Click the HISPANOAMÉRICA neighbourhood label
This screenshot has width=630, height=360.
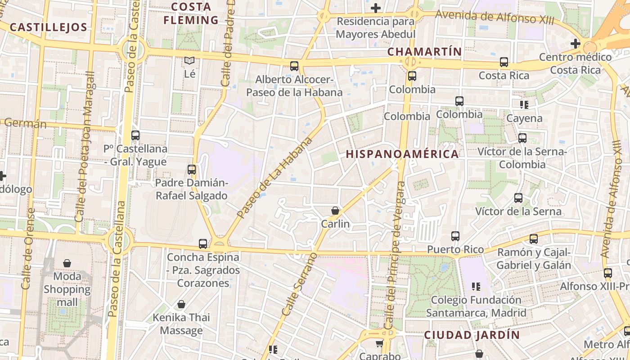(402, 154)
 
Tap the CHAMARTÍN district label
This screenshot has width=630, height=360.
(424, 52)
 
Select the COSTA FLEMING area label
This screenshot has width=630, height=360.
(191, 13)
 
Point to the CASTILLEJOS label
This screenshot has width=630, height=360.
(48, 27)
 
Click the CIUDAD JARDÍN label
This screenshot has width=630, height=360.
(472, 335)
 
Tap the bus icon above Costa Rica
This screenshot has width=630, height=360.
(504, 63)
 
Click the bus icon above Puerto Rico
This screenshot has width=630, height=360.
(455, 236)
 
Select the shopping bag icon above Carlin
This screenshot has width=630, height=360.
(335, 211)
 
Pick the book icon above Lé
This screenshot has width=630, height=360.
(190, 61)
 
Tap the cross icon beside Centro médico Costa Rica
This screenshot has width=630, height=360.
(575, 44)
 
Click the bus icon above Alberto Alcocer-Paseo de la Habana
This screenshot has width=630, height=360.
(294, 67)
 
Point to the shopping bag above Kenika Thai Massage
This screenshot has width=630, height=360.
(181, 305)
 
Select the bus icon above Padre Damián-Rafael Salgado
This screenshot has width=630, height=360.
(192, 170)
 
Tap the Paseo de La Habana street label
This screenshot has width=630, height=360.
(274, 178)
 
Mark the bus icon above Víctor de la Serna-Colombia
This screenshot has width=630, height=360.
(522, 138)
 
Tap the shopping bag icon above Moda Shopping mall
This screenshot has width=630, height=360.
(67, 263)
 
